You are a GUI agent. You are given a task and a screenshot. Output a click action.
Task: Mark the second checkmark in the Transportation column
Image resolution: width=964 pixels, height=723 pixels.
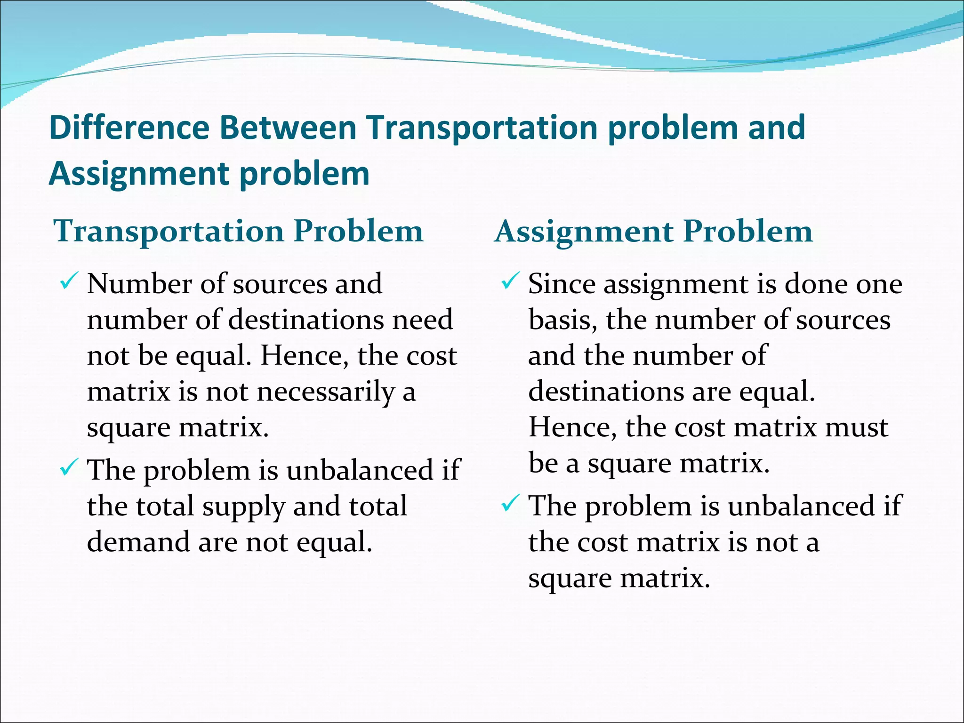point(68,467)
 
